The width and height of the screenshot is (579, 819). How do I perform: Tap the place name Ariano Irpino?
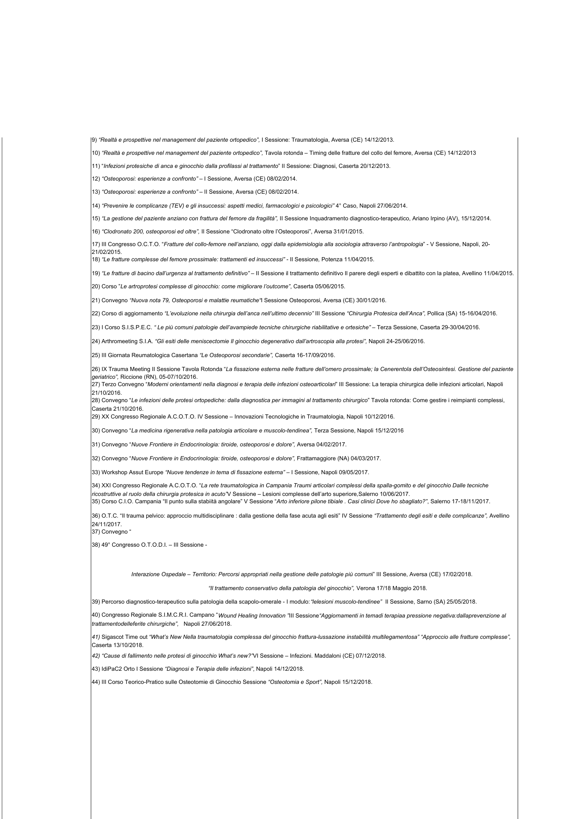coord(428,219)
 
